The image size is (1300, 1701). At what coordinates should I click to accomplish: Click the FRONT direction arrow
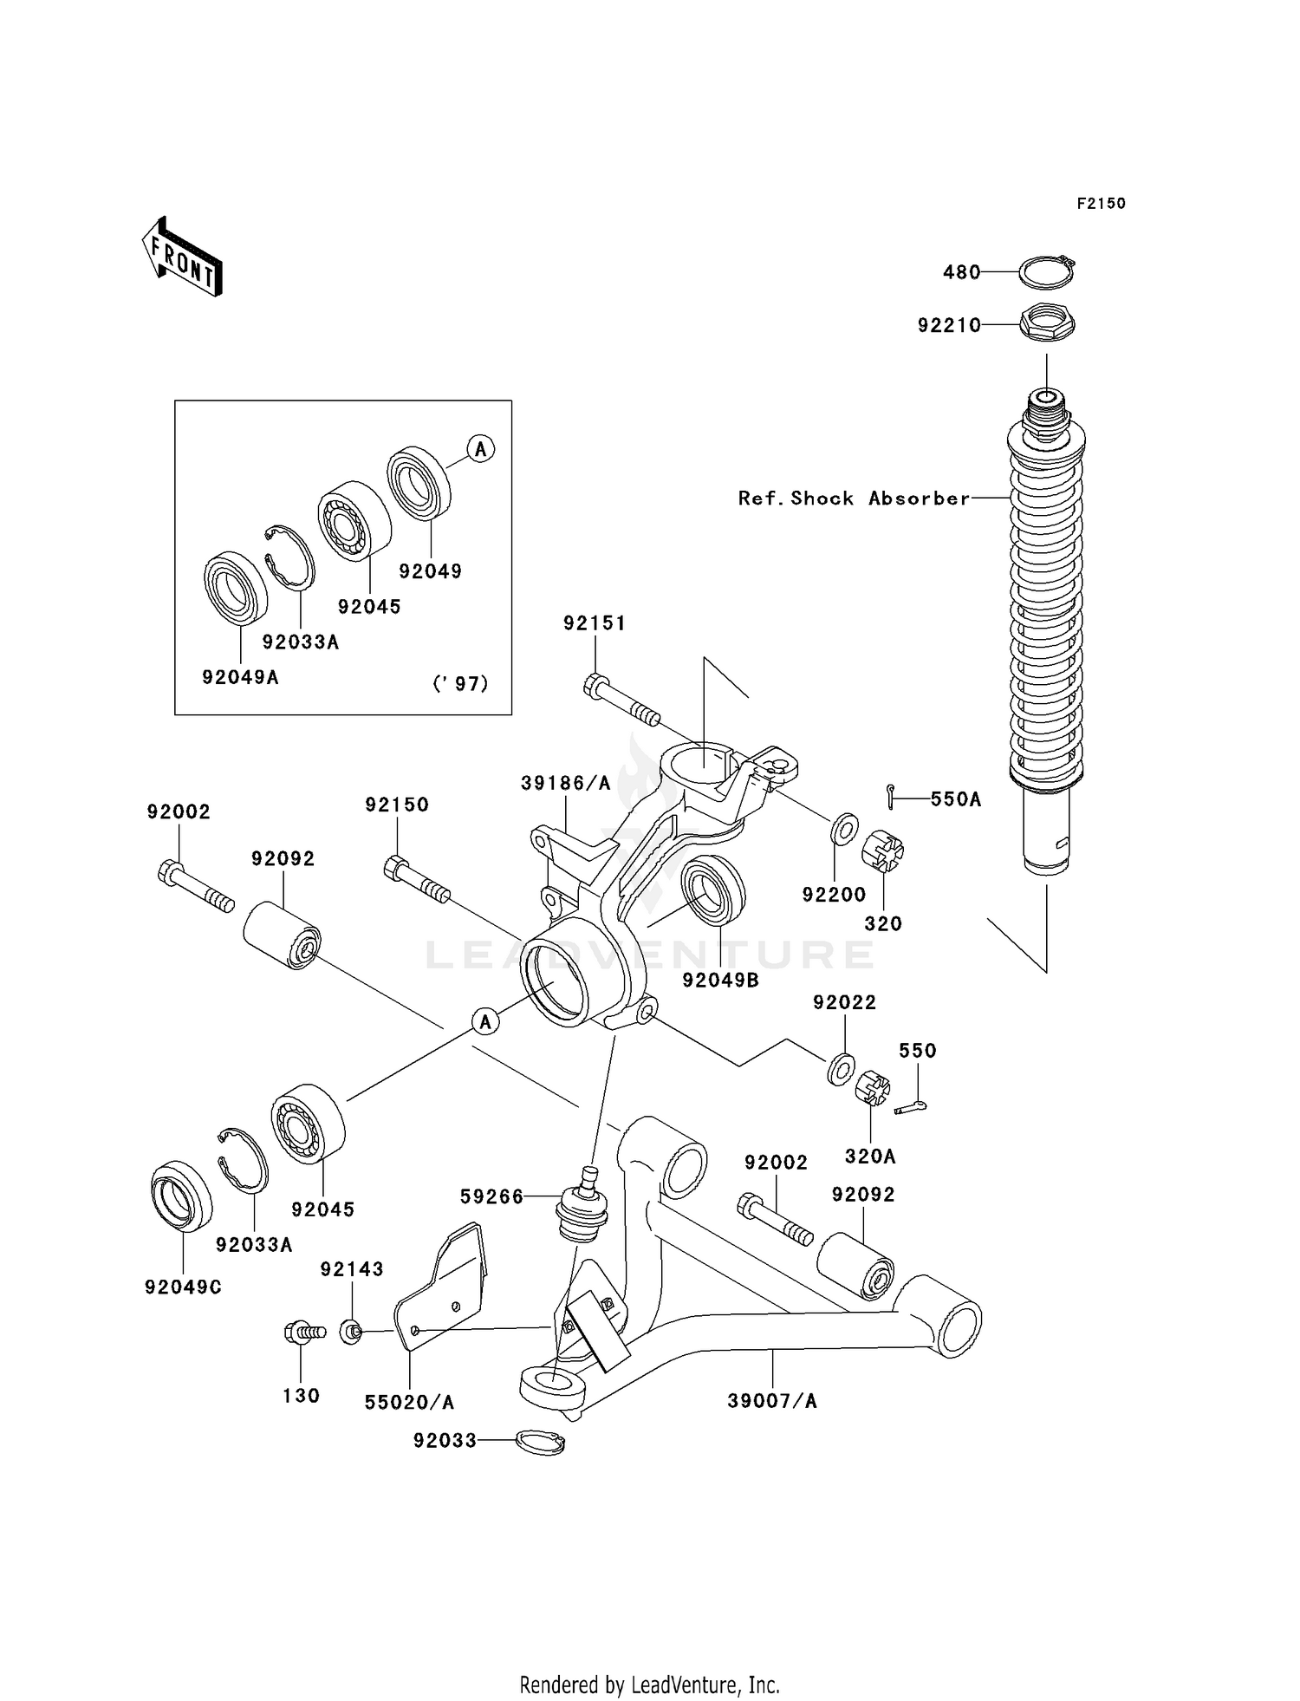(183, 257)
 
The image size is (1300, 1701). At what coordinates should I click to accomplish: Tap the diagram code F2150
(1101, 204)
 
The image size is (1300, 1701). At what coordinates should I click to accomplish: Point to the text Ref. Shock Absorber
(854, 499)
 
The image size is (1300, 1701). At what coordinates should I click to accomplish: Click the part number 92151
(594, 623)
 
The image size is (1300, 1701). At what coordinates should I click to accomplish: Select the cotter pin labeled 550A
(891, 791)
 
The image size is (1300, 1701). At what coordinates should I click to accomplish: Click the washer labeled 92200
(844, 829)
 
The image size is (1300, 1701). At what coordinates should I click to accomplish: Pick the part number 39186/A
(565, 783)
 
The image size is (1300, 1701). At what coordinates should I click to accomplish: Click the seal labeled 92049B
(712, 889)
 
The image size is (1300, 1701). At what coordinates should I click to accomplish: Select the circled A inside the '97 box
(481, 449)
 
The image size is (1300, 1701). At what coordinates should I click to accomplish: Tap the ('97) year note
(460, 684)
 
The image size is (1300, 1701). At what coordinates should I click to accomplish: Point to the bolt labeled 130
(302, 1332)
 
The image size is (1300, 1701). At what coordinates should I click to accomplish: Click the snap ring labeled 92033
(540, 1442)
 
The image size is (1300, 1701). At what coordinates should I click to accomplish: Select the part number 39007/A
(771, 1401)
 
